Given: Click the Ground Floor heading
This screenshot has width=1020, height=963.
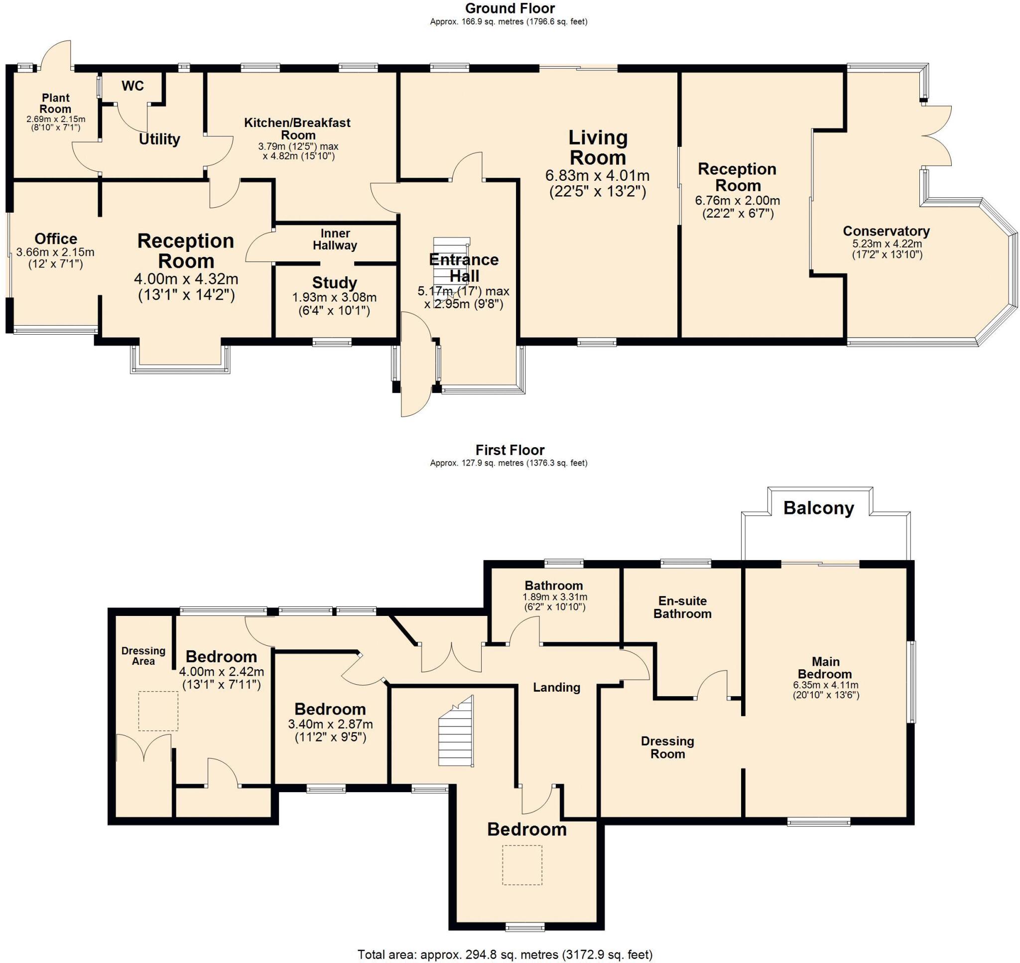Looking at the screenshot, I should tap(510, 8).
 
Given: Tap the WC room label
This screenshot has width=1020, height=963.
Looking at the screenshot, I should tap(132, 86).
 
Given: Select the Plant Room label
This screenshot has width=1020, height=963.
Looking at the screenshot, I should tap(55, 103).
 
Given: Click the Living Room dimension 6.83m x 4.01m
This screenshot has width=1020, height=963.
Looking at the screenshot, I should tap(597, 176).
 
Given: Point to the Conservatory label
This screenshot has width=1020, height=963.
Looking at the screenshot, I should tap(886, 231).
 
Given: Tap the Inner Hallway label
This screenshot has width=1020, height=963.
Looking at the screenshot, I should tap(335, 239).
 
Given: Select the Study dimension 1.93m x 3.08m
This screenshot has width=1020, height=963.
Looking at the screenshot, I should tap(334, 297).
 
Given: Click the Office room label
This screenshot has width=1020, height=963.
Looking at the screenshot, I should tap(56, 239).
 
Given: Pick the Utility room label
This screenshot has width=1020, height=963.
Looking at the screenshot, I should tap(159, 139).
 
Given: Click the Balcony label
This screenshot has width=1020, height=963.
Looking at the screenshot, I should tap(818, 508).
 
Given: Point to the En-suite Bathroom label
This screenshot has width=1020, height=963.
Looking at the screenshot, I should tap(682, 607).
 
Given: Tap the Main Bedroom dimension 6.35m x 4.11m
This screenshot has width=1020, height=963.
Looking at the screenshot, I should tap(825, 685).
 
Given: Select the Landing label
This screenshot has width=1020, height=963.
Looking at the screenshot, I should tap(556, 687).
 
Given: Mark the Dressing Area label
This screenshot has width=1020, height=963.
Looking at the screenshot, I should tap(143, 655).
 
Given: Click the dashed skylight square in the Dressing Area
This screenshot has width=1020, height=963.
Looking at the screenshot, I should tap(158, 711).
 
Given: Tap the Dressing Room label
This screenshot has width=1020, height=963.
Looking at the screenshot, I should tap(667, 747).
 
